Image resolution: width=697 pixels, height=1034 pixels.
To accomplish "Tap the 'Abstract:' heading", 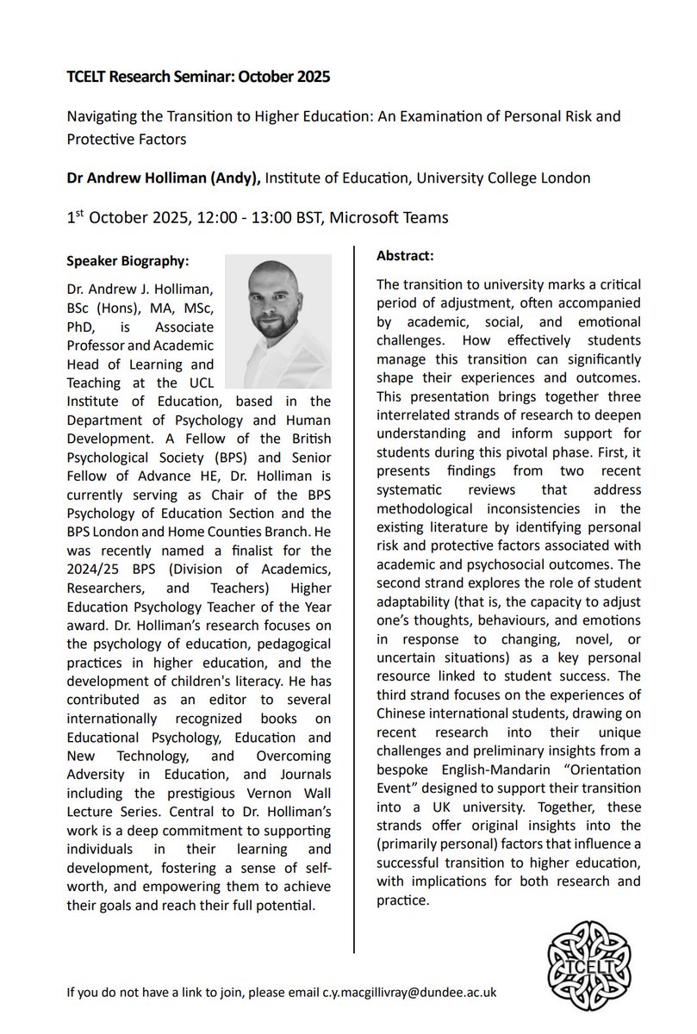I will point(406,257).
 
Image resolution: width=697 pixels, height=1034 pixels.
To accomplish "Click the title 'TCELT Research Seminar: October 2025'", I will point(198,77).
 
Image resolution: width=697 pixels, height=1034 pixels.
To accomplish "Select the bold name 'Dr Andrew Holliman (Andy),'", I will point(163,178).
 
